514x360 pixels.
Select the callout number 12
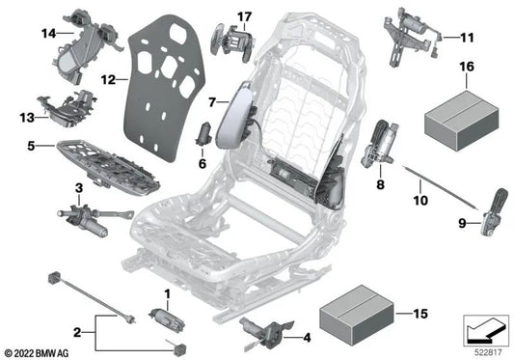click(108, 79)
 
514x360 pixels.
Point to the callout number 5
click(33, 148)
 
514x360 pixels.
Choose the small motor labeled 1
click(160, 317)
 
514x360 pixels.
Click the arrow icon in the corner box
click(484, 332)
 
